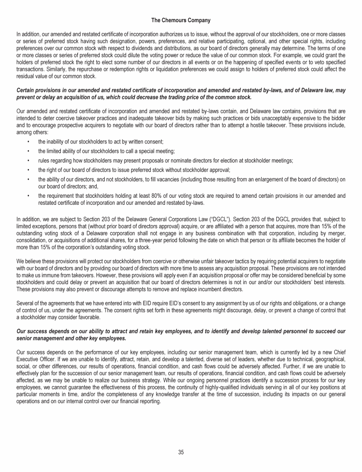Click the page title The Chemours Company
click(181, 20)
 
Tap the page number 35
click(181, 452)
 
